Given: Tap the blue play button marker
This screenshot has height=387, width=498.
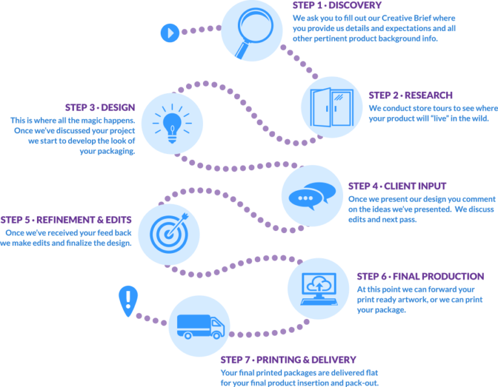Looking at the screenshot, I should (x=169, y=31).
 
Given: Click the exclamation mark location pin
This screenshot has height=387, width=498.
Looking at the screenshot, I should (x=128, y=300).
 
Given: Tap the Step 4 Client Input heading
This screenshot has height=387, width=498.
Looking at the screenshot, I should (x=397, y=186).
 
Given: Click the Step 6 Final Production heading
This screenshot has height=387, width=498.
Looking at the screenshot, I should (x=420, y=276).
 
